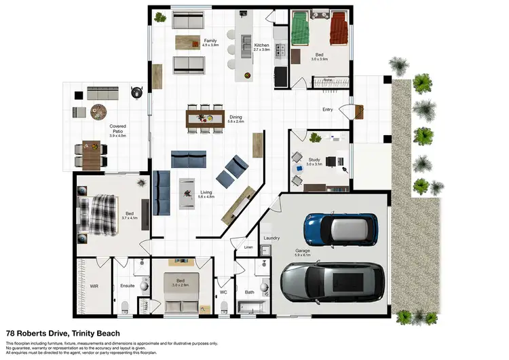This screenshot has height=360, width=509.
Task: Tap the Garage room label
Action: coord(303,250)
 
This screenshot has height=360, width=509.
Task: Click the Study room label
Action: coord(314,160)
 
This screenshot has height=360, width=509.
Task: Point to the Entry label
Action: coord(328,109)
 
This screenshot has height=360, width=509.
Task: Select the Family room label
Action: coord(210,41)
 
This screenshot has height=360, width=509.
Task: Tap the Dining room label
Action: coord(235,117)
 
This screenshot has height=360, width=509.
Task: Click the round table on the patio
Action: coord(100,111)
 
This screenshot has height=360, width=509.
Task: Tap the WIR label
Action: coord(94,286)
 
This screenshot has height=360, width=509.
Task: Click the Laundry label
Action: coord(271,238)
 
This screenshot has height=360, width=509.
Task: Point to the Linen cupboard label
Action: coord(248,247)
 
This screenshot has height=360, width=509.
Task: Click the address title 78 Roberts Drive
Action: coord(62,334)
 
